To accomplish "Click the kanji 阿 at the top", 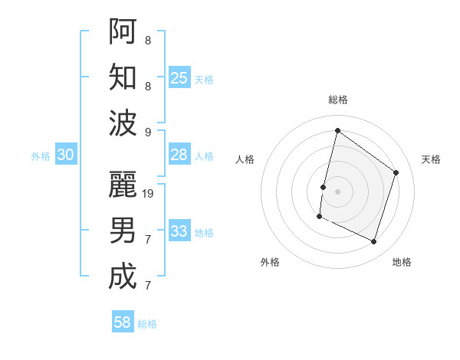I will pos(123,31).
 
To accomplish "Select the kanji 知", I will pos(123,77).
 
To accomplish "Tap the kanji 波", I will pos(123,123).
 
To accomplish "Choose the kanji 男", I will pos(123,230).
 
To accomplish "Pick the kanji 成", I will pos(123,277).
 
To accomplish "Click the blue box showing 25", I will pos(179,77).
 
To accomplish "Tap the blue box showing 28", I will pos(179,154).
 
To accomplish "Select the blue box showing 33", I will pos(179,231).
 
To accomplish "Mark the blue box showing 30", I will pos(65,154).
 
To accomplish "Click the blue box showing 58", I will pos(123,322).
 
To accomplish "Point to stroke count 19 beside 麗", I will pos(149,193).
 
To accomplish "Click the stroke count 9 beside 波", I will pos(148,132).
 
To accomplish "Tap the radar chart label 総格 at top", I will pos(338,100).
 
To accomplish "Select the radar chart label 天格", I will pos(431,159).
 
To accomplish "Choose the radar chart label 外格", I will pos(270,262).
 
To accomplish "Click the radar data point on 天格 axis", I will pos(396,172).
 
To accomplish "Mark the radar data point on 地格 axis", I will pos(374,242).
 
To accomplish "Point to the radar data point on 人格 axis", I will pos(323,187).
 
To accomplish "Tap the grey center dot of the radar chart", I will pos(337,191).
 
